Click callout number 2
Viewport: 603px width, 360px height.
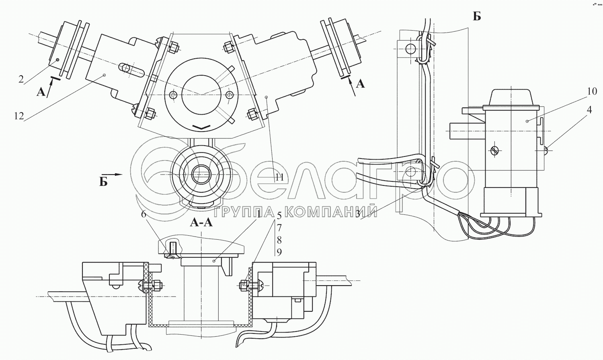pyautogui.click(x=21, y=79)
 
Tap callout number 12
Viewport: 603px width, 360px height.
pyautogui.click(x=19, y=116)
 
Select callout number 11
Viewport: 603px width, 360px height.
pyautogui.click(x=279, y=177)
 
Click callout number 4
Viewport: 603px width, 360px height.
pyautogui.click(x=590, y=110)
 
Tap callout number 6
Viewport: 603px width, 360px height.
pyautogui.click(x=144, y=214)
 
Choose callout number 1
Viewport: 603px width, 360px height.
pyautogui.click(x=259, y=215)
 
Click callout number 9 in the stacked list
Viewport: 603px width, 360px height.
pyautogui.click(x=279, y=252)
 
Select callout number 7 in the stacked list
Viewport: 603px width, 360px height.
pyautogui.click(x=279, y=228)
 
